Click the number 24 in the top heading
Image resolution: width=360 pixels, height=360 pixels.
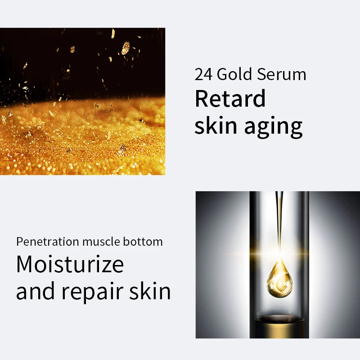[204, 75]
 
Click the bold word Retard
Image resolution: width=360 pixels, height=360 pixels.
[230, 99]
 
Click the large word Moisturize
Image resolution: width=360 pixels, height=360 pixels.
[70, 264]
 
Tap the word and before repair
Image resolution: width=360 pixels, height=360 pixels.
[36, 291]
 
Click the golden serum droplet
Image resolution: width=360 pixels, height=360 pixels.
[279, 276]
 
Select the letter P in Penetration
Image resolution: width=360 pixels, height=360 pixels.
[19, 242]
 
